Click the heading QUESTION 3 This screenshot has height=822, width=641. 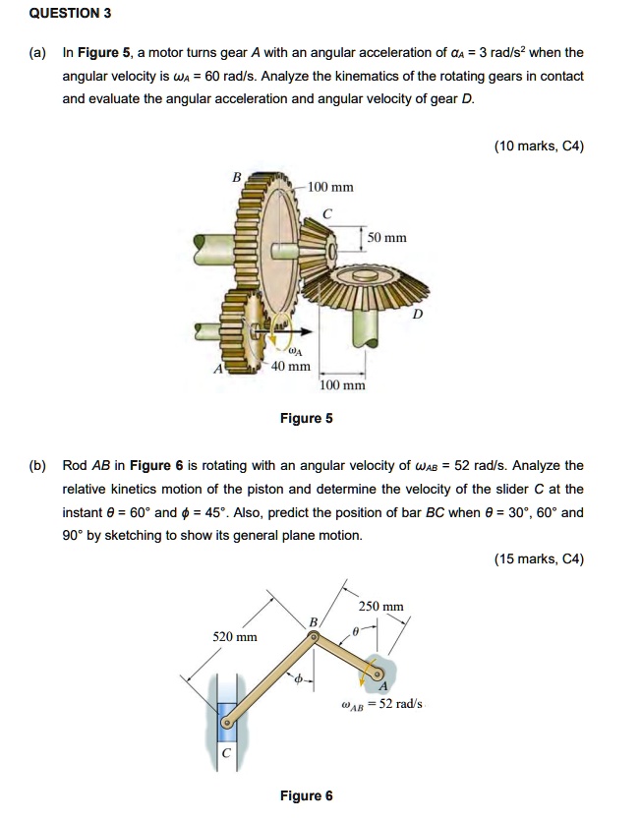(70, 14)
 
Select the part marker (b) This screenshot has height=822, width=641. (39, 465)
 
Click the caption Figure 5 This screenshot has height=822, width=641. (307, 418)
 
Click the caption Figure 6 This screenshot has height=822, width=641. (307, 795)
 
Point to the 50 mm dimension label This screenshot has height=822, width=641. (387, 238)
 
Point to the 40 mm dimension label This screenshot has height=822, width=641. (292, 367)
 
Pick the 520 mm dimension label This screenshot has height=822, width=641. (235, 636)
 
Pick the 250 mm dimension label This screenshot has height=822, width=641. (380, 607)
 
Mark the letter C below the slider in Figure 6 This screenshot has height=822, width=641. (226, 754)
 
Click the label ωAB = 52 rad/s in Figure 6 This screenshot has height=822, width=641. (381, 704)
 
